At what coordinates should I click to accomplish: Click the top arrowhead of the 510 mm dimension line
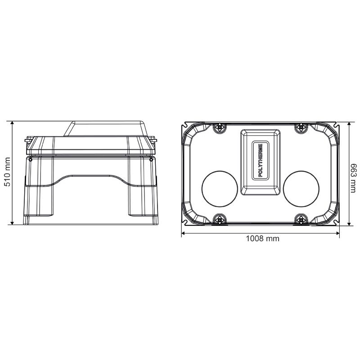13,122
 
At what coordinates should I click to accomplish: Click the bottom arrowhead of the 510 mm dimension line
13,224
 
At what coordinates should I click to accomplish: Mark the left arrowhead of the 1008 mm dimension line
183,233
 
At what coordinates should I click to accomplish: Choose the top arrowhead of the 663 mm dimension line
349,122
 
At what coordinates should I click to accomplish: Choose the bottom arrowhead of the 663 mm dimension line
349,225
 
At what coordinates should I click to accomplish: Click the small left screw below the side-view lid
31,159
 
